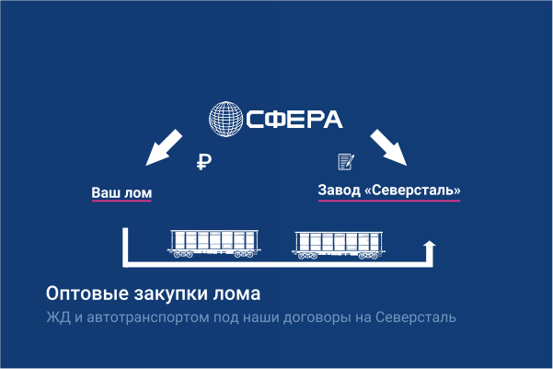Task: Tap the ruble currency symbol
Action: point(205,162)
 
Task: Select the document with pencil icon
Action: point(346,162)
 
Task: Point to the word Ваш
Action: point(106,193)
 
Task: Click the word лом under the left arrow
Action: point(137,193)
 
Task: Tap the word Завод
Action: point(339,191)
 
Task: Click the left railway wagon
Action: point(214,241)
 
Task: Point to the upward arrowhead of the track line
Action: point(429,246)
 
